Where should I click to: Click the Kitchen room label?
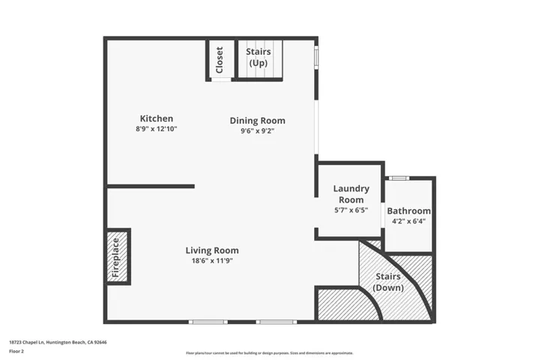[x=157, y=118]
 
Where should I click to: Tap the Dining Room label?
[x=257, y=121]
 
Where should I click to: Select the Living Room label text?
[x=212, y=250]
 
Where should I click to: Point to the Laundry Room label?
[x=351, y=194]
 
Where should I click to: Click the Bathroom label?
[x=409, y=211]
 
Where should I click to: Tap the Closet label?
[x=220, y=59]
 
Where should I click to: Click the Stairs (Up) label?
[x=258, y=57]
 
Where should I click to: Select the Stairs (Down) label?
[x=388, y=282]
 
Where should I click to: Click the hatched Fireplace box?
[x=117, y=256]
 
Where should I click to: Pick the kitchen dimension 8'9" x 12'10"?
[x=157, y=129]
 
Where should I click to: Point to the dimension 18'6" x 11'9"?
[x=212, y=261]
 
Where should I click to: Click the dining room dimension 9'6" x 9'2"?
[x=257, y=130]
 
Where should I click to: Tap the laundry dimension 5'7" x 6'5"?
[x=351, y=211]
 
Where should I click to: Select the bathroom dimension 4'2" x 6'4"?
[x=409, y=221]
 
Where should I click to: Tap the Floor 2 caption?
[x=17, y=351]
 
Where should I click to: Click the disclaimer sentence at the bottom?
[x=269, y=352]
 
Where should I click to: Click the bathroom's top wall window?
[x=399, y=178]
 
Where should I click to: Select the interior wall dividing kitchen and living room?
[x=150, y=186]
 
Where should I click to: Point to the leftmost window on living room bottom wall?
[x=208, y=322]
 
